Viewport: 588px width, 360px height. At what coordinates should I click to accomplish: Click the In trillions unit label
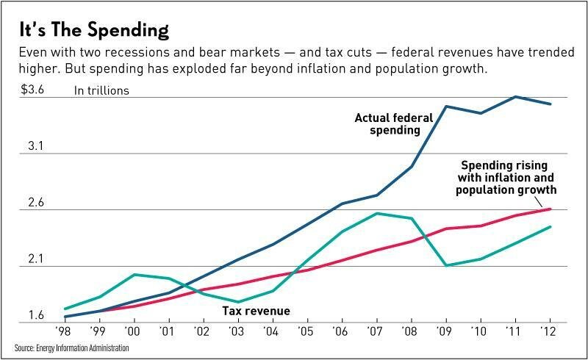pos(101,91)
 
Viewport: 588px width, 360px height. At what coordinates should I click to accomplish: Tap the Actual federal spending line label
pos(387,123)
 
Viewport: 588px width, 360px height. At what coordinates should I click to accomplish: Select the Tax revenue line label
pos(256,311)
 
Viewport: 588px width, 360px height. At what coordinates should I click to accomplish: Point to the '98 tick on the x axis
pos(65,331)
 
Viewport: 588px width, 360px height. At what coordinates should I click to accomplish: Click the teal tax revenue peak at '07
pos(377,214)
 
